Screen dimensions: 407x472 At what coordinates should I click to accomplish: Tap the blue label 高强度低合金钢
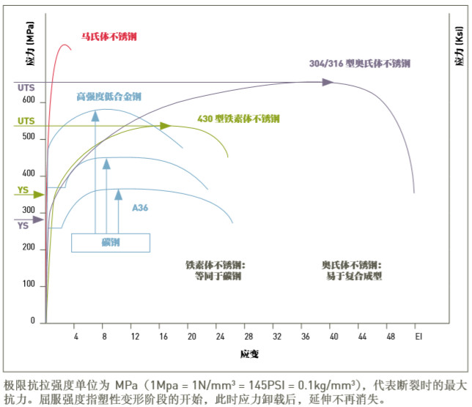pyautogui.click(x=109, y=97)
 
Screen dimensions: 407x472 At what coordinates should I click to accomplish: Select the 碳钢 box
pyautogui.click(x=110, y=242)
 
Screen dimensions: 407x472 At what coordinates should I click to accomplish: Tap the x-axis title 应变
pyautogui.click(x=249, y=354)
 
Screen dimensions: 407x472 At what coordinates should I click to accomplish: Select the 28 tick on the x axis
pyautogui.click(x=248, y=335)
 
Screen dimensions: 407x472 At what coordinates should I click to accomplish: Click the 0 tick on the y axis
pyautogui.click(x=32, y=321)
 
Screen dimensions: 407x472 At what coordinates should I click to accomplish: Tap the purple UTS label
pyautogui.click(x=26, y=88)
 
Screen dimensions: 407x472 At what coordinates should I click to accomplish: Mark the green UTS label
pyautogui.click(x=26, y=121)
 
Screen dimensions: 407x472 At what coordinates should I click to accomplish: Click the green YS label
pyautogui.click(x=23, y=191)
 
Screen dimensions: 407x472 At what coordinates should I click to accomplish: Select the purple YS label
pyautogui.click(x=23, y=225)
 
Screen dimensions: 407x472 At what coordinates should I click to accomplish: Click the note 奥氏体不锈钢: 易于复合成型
pyautogui.click(x=352, y=270)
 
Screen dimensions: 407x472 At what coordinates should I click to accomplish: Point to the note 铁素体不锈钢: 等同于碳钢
pyautogui.click(x=215, y=270)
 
